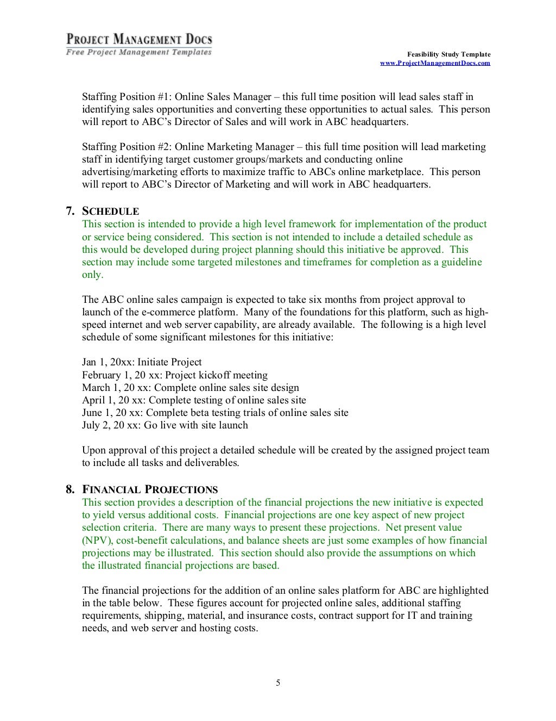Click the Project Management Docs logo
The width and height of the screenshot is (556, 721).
click(x=139, y=40)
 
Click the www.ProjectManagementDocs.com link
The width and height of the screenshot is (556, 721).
click(x=434, y=63)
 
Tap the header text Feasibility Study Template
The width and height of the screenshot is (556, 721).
click(x=448, y=54)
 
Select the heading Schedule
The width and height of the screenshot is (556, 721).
click(x=110, y=212)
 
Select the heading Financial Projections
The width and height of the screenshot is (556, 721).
click(x=150, y=489)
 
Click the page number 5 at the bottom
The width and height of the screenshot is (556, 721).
click(x=278, y=683)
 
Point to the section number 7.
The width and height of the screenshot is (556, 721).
click(x=70, y=212)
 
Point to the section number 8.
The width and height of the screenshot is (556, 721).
click(x=70, y=489)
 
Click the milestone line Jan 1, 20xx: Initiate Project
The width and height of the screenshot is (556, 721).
click(x=142, y=362)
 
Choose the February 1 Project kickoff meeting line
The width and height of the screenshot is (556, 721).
click(x=174, y=375)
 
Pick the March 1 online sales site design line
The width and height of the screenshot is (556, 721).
click(x=190, y=388)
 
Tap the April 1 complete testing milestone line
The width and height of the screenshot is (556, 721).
click(x=194, y=400)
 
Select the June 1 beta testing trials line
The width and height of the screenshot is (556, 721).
click(x=215, y=413)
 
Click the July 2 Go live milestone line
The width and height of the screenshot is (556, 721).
click(x=165, y=425)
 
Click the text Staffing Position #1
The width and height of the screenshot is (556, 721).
click(x=126, y=97)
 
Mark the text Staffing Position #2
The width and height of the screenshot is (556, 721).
click(x=126, y=147)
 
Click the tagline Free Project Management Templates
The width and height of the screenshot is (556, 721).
click(x=139, y=52)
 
